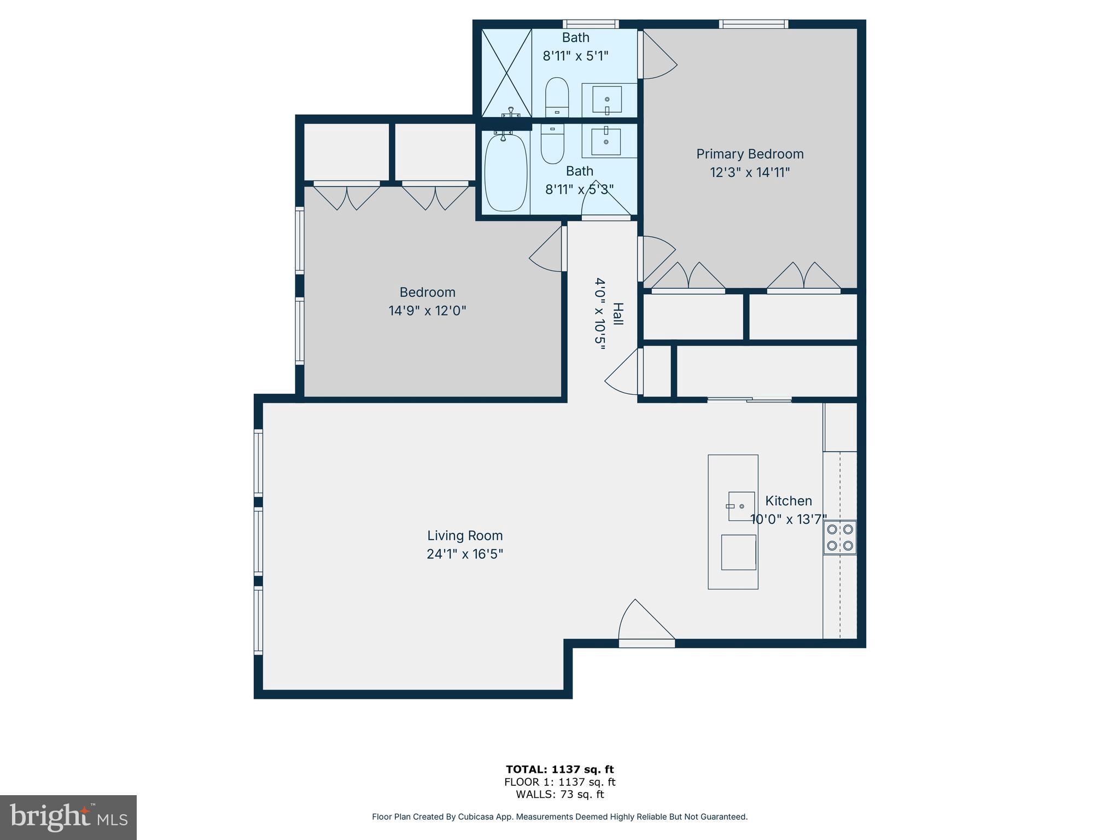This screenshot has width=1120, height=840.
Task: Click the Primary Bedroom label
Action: pos(749,154)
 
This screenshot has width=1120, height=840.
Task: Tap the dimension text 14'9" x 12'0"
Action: pos(427,311)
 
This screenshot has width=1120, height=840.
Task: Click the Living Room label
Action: pos(465,535)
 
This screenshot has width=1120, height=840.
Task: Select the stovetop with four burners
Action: pos(839,538)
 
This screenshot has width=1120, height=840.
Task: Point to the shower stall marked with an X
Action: pos(506,73)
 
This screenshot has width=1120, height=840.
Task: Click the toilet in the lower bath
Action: pos(552,143)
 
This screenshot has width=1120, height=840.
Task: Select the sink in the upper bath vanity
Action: pos(607,100)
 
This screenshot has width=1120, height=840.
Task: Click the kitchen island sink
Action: pos(741,506)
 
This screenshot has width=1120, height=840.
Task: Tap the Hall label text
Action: pos(617,314)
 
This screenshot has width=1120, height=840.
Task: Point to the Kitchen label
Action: pos(788,501)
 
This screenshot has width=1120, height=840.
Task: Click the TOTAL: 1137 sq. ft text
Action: pos(559,769)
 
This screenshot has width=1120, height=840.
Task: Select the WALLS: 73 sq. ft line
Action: pos(559,795)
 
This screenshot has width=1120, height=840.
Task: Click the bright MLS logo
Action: pos(68,817)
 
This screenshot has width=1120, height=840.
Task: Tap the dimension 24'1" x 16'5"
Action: pos(465,554)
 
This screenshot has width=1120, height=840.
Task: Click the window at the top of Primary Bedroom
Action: pos(753,24)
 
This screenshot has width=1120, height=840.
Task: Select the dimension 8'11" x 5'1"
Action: pos(575,56)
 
